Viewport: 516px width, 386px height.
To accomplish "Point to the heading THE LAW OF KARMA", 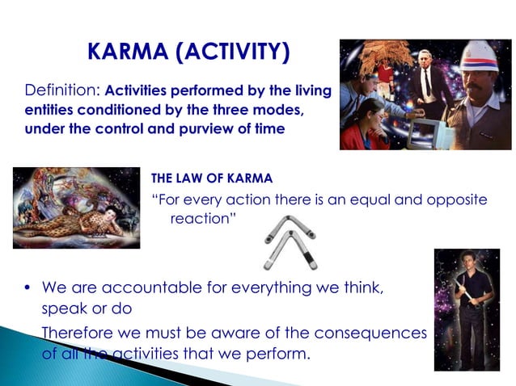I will click(212, 178).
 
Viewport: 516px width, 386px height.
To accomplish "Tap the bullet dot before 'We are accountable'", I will click(27, 287).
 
